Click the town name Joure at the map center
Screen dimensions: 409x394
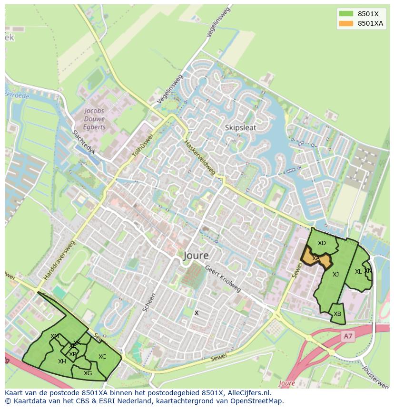click(x=196, y=256)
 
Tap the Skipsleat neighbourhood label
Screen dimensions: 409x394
click(x=240, y=127)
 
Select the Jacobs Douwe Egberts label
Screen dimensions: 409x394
click(x=95, y=119)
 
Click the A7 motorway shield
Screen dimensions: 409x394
click(x=348, y=336)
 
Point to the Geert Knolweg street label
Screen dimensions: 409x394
click(x=223, y=278)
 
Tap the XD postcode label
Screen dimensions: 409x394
click(x=322, y=243)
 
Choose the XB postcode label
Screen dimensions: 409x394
click(x=337, y=314)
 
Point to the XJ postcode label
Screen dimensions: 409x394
click(x=335, y=274)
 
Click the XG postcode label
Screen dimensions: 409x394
click(x=88, y=373)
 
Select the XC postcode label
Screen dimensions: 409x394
click(x=102, y=357)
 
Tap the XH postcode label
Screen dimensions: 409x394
click(x=62, y=361)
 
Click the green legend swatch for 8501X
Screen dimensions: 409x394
click(x=345, y=14)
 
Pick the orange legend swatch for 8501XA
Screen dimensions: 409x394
click(x=345, y=23)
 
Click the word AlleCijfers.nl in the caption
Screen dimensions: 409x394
click(x=248, y=393)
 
